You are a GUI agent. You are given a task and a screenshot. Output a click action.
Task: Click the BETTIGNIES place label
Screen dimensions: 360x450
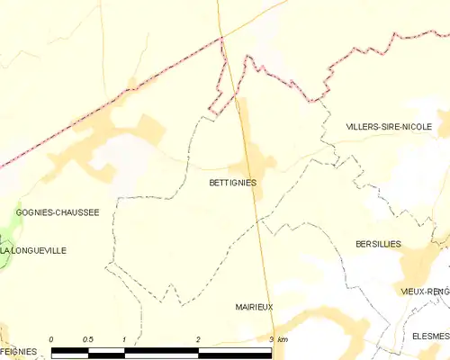(x=232, y=183)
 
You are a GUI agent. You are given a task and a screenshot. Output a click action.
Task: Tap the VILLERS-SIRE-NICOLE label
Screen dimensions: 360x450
(x=396, y=128)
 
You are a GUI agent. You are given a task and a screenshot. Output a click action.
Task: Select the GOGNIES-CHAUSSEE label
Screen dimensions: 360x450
(x=58, y=212)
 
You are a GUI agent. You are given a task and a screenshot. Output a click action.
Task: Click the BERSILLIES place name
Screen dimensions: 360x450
(x=378, y=244)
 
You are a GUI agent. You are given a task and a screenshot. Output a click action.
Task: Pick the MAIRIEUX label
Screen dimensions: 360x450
(x=253, y=307)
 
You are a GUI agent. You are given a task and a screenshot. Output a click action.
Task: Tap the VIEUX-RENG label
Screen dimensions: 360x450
(x=425, y=292)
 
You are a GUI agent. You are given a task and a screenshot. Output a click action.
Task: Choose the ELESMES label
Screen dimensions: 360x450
(x=429, y=336)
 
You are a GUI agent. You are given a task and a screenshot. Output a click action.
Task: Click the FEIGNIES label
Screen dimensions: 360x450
(x=18, y=351)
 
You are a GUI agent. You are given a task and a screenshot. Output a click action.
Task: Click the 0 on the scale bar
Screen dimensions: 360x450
(x=51, y=339)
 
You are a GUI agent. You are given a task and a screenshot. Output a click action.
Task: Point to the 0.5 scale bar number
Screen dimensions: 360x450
(x=87, y=339)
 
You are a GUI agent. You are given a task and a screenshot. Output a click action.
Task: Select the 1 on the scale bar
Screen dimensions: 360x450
(x=123, y=339)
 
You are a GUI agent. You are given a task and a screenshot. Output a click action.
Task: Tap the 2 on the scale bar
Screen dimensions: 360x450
(x=198, y=339)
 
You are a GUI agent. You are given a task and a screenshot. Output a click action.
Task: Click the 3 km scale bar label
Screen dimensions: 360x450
(x=278, y=339)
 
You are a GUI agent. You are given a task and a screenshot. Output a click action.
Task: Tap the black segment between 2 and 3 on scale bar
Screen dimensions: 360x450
(x=235, y=348)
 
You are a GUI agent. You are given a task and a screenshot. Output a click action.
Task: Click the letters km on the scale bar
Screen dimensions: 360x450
(x=283, y=339)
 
